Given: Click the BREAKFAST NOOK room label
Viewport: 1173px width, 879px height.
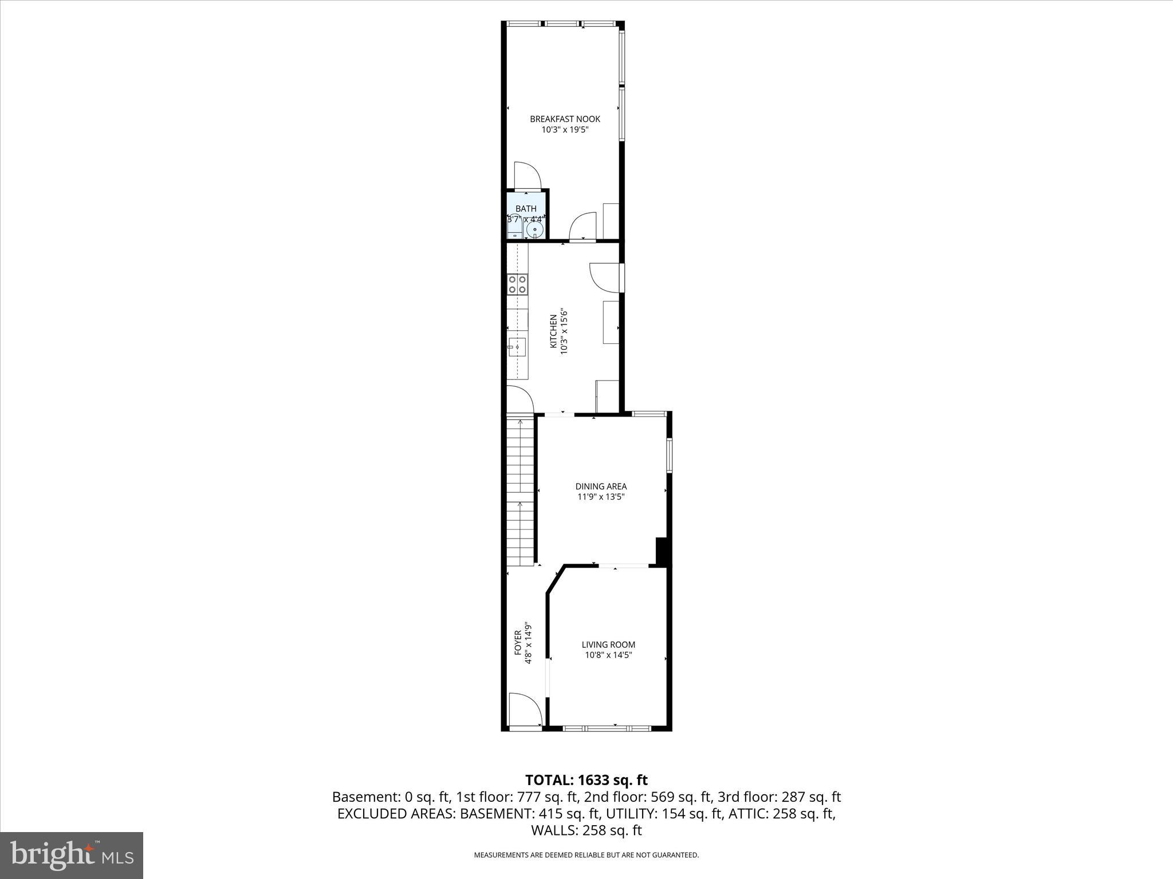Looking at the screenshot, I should [x=565, y=119].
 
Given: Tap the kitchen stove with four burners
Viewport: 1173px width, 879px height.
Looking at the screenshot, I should [x=517, y=284].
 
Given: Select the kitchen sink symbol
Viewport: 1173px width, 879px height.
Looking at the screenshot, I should [x=517, y=347].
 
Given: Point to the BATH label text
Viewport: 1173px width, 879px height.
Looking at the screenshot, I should [x=526, y=209].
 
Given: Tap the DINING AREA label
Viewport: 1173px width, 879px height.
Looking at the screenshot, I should [x=601, y=486].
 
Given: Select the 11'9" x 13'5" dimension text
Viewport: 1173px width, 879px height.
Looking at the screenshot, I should [x=601, y=497].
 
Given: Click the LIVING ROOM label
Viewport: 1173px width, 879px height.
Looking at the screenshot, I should [x=608, y=644].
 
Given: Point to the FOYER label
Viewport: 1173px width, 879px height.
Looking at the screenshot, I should [x=518, y=643].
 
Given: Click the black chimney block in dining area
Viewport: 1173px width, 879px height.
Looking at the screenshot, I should [x=662, y=552].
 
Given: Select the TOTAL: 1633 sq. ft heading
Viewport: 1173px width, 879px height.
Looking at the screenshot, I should [x=586, y=780].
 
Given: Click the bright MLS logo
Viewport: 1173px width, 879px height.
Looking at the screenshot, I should [x=72, y=855].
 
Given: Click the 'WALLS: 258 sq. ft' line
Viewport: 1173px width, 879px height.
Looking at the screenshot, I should [x=586, y=830].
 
